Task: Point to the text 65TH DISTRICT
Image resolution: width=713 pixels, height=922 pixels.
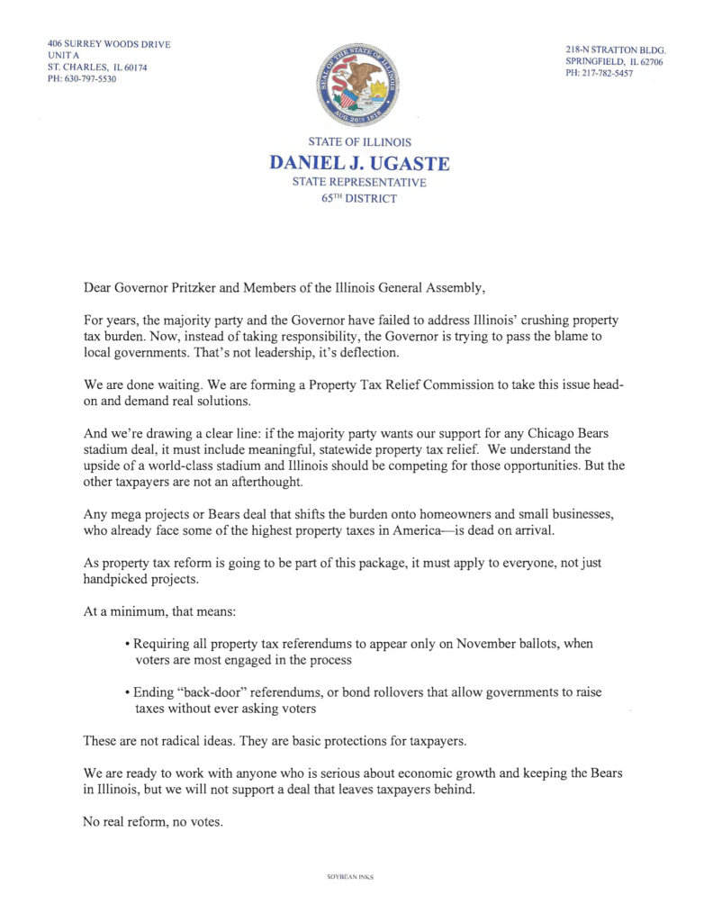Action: tap(359, 198)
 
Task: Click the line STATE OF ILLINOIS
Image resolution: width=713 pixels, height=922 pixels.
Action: tap(359, 142)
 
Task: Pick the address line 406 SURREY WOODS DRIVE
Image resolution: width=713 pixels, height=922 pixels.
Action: tap(109, 44)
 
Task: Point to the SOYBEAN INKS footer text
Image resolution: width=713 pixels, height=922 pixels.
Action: tap(350, 876)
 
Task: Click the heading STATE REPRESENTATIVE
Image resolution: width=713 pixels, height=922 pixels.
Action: tap(359, 182)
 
